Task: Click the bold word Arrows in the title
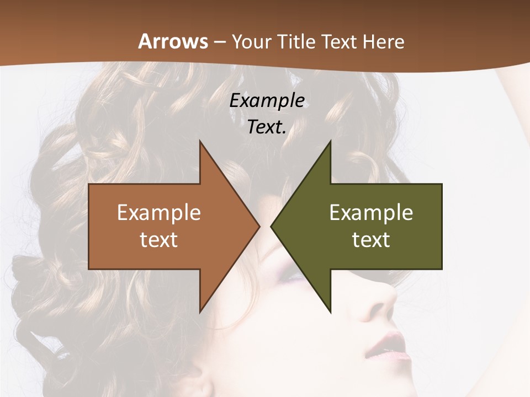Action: (173, 41)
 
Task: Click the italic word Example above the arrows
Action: (267, 101)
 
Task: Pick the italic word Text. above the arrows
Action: (267, 127)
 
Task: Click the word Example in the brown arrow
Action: (159, 212)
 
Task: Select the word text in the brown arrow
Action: (159, 239)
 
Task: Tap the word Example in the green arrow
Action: (371, 212)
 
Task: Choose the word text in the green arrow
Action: (371, 239)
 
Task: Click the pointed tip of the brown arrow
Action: (259, 226)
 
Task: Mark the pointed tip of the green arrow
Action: (272, 226)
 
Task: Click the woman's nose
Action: (381, 301)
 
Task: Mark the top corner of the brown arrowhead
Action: (200, 141)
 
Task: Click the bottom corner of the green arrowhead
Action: (331, 312)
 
